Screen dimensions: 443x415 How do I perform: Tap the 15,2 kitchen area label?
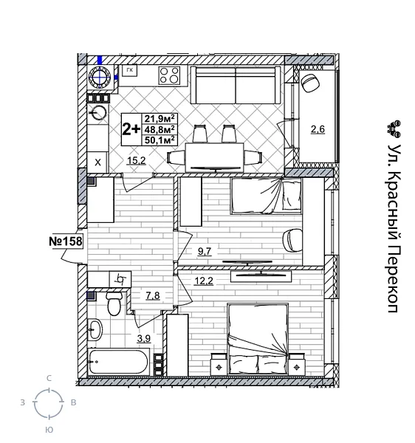(135, 159)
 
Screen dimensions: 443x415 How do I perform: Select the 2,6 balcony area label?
(317, 130)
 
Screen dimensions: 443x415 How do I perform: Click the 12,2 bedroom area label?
(204, 281)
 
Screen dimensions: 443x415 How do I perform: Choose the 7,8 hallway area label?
(153, 296)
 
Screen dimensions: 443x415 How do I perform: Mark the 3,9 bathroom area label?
(144, 339)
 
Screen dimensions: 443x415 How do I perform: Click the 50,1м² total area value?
(160, 138)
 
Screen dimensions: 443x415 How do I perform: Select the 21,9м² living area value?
(160, 117)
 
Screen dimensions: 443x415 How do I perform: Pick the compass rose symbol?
(49, 403)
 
